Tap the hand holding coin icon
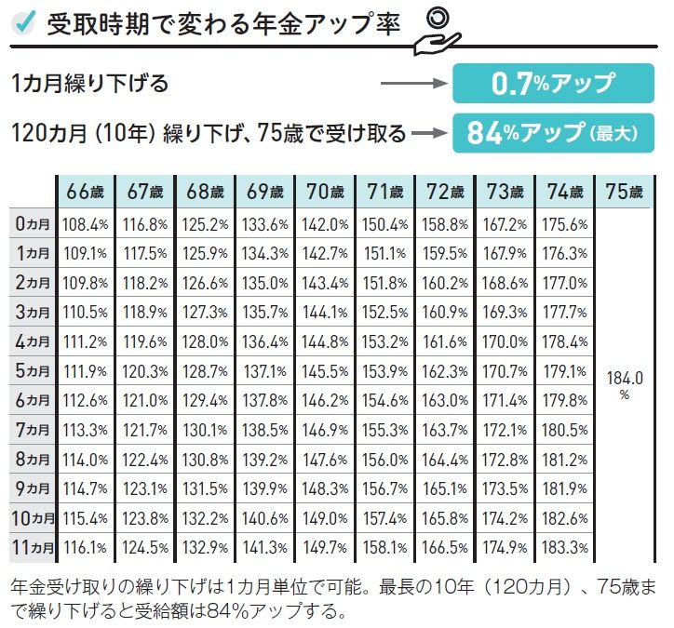(x=438, y=33)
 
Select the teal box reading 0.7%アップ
(x=553, y=84)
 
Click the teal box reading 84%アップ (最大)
(x=553, y=133)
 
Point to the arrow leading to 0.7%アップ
(x=414, y=84)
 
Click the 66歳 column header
(x=85, y=192)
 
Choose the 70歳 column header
(x=325, y=192)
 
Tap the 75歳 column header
(x=624, y=192)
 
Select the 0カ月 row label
(x=33, y=224)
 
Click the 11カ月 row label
(x=33, y=548)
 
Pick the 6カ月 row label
(x=33, y=400)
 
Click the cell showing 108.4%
(x=85, y=224)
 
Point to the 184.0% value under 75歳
(x=625, y=385)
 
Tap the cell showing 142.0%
(x=325, y=224)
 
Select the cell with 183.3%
(x=564, y=548)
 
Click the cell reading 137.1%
(x=264, y=371)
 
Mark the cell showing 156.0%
(x=384, y=460)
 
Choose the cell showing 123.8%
(x=145, y=518)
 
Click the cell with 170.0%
(x=505, y=342)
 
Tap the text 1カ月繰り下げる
(x=90, y=84)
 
